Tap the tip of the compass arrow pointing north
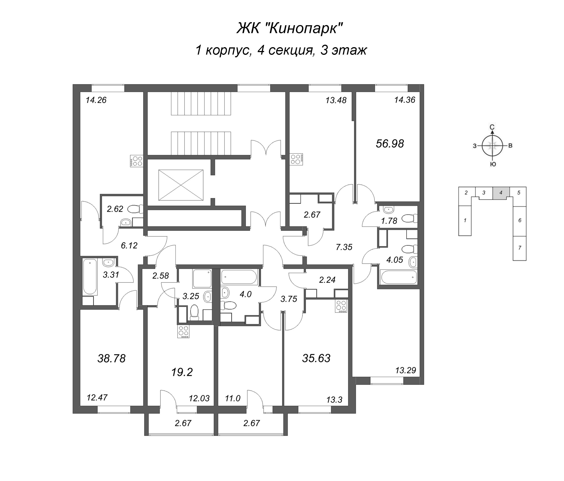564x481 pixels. [492, 131]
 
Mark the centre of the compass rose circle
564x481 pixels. [492, 146]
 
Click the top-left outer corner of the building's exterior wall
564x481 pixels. [73, 85]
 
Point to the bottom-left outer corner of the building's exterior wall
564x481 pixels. [73, 413]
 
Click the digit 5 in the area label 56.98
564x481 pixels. [379, 143]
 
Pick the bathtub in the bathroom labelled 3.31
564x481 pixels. [90, 277]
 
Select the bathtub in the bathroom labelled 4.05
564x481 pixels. [399, 277]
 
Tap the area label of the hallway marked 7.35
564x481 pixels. [344, 247]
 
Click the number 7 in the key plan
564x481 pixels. [520, 248]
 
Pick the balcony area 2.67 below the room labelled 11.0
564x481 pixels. [252, 423]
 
